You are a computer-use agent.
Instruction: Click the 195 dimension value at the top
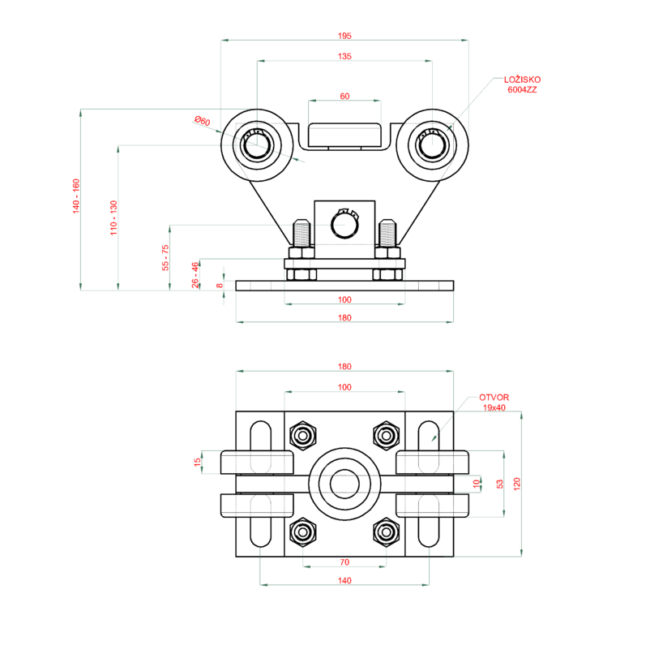(344, 36)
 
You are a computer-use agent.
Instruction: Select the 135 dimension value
(344, 57)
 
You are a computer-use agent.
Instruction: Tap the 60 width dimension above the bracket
(344, 96)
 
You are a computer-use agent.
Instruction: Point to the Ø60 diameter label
(202, 122)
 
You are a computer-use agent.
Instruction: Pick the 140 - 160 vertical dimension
(76, 196)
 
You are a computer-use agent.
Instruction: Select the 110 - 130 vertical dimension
(113, 217)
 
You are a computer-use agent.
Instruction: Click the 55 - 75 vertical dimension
(165, 257)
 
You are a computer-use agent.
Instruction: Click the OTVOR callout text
(494, 398)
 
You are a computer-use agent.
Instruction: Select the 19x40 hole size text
(494, 407)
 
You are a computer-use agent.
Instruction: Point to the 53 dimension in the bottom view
(500, 484)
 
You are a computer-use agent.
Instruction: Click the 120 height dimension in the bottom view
(517, 484)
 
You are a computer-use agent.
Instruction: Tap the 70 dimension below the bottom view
(344, 562)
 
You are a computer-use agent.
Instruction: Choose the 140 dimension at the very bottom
(344, 581)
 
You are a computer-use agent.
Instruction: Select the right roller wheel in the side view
(432, 146)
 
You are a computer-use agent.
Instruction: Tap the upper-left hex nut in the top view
(304, 436)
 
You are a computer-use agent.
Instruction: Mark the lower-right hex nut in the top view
(385, 532)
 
